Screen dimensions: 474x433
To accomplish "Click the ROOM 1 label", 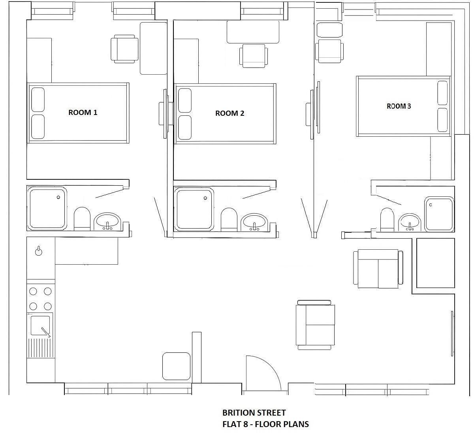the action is pos(83,113).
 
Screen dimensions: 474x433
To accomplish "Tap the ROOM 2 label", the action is pos(229,113).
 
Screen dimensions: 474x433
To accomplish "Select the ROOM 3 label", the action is pos(399,106).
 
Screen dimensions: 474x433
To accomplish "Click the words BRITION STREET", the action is pos(254,413).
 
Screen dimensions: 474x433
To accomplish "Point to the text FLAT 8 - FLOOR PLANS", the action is pos(265,424).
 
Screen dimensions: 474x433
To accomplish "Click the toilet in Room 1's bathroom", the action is pos(82,219).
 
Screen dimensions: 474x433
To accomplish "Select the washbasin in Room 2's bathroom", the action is pos(254,222).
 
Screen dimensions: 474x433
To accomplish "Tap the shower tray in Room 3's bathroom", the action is pos(439,215).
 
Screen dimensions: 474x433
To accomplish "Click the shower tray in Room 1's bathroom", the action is pos(47,209).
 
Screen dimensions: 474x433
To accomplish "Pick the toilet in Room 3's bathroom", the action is pos(387,220).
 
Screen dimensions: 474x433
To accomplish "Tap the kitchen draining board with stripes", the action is pos(40,348).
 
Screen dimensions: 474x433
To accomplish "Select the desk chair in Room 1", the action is pos(124,49).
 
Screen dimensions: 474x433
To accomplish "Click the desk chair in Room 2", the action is pos(254,56).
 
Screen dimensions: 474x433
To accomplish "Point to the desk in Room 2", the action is pos(253,32).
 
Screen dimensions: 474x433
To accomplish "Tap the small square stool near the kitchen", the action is pos(176,366).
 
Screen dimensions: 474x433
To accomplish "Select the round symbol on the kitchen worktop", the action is pos(39,252).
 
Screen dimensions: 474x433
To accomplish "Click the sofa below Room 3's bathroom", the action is pos(378,269).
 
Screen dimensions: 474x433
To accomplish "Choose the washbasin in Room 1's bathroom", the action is pos(107,222).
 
